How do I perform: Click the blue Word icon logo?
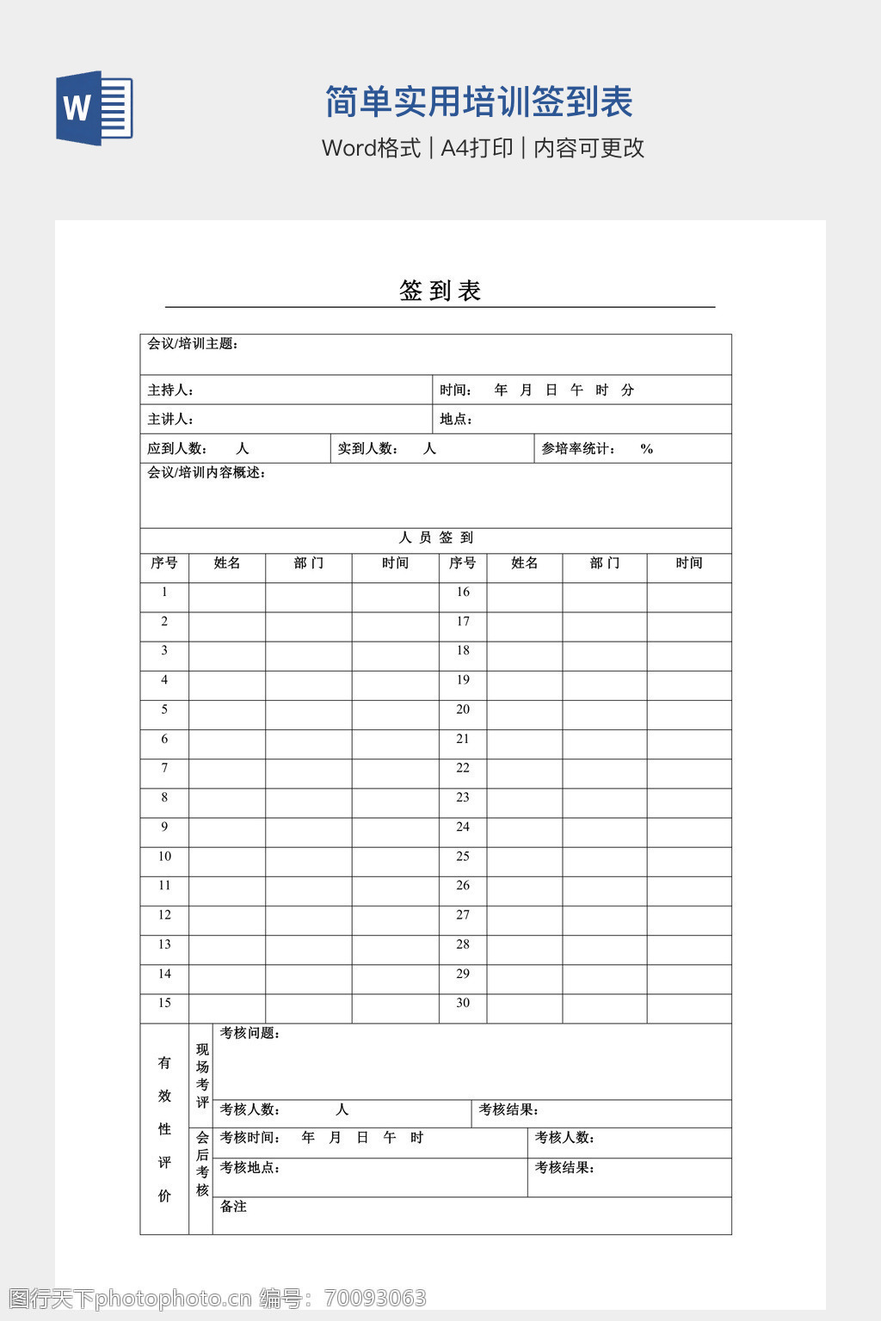[x=95, y=108]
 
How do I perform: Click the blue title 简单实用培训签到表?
[x=479, y=101]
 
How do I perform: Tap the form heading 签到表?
[x=440, y=291]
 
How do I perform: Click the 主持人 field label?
[x=170, y=390]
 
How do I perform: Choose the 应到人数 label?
[x=177, y=449]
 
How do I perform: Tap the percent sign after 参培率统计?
[x=647, y=449]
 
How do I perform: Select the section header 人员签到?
[x=436, y=538]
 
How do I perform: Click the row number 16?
[x=463, y=592]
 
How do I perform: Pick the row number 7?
[x=164, y=768]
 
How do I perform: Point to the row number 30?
[x=463, y=1003]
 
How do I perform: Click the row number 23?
[x=463, y=797]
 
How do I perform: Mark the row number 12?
[x=164, y=915]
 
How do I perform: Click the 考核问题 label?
[x=250, y=1034]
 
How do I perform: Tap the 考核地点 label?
[x=250, y=1168]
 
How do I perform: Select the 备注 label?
[x=233, y=1207]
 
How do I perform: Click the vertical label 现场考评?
[x=202, y=1075]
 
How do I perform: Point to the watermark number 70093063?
[x=374, y=1298]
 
